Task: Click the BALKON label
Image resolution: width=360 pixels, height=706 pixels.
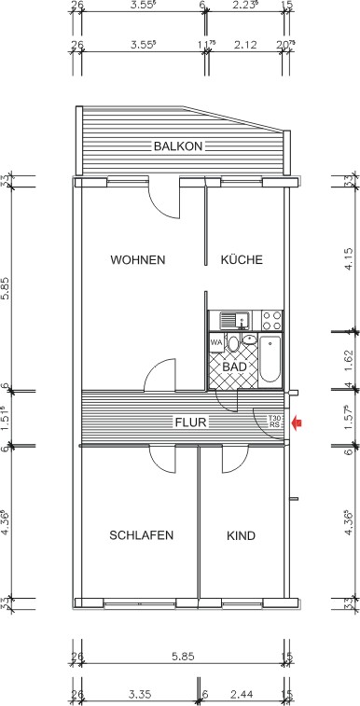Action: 178,145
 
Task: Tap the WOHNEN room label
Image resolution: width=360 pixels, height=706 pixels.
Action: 137,259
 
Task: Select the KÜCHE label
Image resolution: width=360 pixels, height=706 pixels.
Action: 242,259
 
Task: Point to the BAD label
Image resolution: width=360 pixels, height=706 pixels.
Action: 235,367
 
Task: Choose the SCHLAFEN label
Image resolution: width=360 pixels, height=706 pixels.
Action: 141,535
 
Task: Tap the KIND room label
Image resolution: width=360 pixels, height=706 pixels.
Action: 241,535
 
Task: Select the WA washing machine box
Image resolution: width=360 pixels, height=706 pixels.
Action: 216,342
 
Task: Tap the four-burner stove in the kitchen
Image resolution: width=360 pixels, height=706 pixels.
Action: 271,321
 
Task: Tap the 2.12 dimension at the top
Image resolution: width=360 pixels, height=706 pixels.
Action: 246,44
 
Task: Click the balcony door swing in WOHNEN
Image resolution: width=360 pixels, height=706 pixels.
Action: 163,199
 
